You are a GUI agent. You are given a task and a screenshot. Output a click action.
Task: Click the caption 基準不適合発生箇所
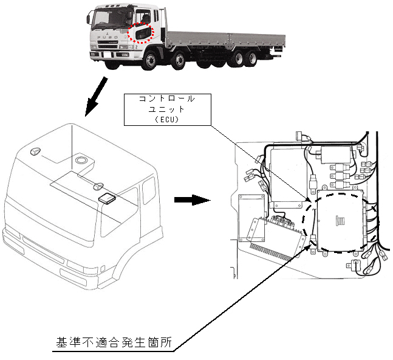point(111,343)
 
